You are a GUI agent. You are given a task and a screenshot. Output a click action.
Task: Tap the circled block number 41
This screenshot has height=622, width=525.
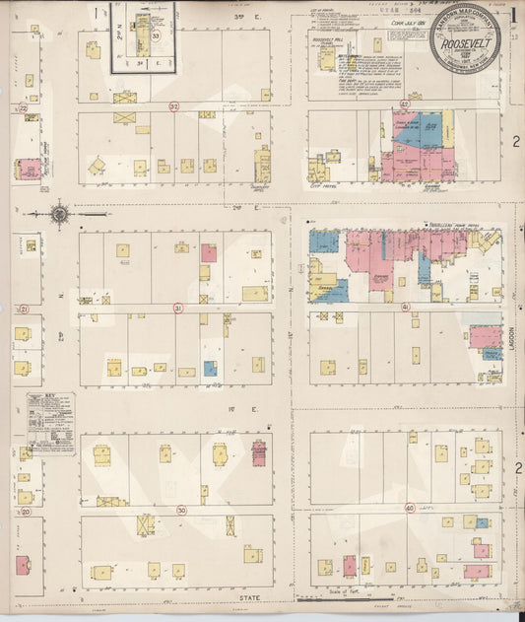click(404, 308)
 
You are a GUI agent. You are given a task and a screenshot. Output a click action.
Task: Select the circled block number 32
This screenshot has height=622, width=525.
click(174, 105)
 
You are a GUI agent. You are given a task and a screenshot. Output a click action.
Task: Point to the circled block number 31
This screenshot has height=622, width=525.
click(177, 309)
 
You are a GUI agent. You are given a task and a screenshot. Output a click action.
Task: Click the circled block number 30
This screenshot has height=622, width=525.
click(181, 510)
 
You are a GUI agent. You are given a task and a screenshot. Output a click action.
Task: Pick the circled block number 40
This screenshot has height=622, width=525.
click(407, 509)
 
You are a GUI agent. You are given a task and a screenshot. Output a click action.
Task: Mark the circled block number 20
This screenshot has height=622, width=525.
click(26, 512)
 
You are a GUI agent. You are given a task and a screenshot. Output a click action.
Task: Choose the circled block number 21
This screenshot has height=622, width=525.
click(24, 309)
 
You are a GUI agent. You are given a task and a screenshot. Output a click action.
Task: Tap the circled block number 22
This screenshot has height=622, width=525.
click(23, 107)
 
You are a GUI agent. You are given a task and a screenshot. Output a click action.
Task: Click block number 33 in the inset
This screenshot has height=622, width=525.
click(156, 35)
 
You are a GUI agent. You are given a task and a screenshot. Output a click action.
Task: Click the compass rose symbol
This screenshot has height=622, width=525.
click(59, 212)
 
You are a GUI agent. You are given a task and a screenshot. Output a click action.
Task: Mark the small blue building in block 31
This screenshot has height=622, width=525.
click(210, 368)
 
